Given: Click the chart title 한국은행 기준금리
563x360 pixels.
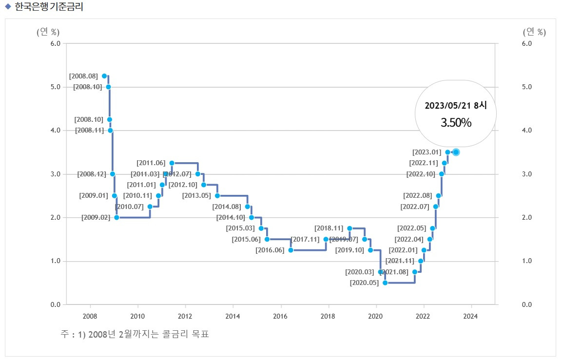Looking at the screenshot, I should coord(49,7).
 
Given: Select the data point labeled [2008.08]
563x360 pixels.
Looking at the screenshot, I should coord(104,76).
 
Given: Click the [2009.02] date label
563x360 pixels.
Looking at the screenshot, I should coord(96,218).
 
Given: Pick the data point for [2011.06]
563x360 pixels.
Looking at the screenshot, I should coord(172,163).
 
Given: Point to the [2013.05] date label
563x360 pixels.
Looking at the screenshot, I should coord(196,196).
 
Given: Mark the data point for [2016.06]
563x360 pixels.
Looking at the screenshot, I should coord(291,250).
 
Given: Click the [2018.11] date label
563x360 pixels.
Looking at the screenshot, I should coord(329,228).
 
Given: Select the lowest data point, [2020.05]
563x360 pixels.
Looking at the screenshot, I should coord(385,283).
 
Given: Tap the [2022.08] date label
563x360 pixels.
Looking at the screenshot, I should coord(418,196).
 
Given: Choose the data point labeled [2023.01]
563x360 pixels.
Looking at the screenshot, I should coord(447,152).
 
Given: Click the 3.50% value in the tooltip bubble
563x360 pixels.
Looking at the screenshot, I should coord(456,123).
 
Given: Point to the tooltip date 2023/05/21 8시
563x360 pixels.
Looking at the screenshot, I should coord(456,105).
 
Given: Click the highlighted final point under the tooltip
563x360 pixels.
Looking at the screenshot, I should coord(456,152).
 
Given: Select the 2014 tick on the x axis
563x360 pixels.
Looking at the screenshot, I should coord(233,316).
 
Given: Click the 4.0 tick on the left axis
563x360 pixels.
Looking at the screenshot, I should coord(55,131).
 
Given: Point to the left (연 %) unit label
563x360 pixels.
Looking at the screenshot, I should coord(48,32).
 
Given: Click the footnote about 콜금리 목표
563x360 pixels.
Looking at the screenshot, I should coord(135,335).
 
